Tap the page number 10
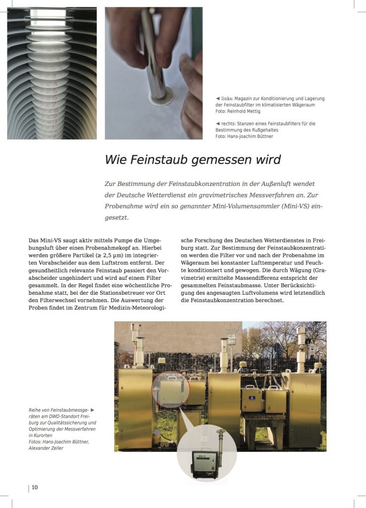[x=35, y=487]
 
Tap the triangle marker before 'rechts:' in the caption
[x=218, y=123]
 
